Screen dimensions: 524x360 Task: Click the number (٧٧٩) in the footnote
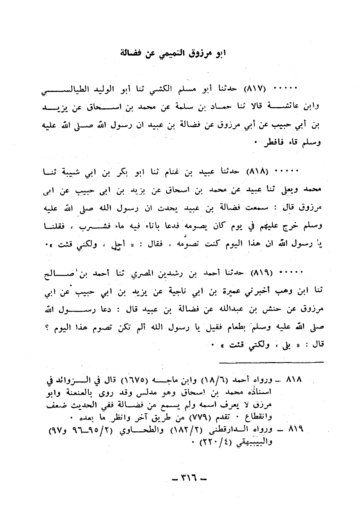coord(190,415)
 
